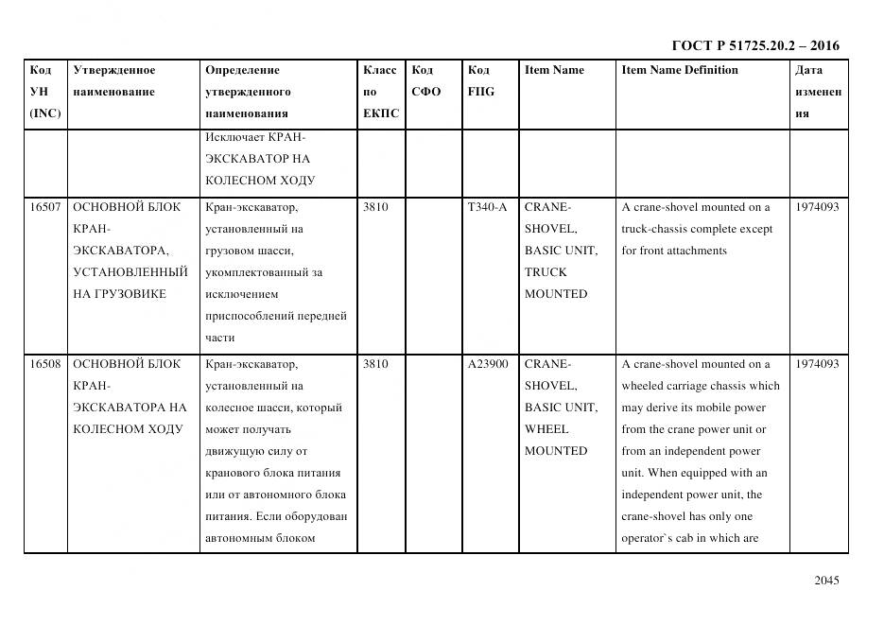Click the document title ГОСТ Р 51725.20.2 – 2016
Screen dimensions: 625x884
click(754, 45)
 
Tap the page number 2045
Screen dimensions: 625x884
click(826, 581)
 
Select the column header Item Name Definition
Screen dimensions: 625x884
click(679, 70)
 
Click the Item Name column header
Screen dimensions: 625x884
click(554, 70)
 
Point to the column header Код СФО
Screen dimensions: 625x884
click(425, 81)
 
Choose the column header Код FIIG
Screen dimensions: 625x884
click(480, 81)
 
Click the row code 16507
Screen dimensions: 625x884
click(45, 207)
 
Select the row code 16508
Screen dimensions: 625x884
click(45, 364)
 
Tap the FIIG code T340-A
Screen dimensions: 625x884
click(487, 207)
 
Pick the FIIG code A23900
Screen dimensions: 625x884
click(487, 364)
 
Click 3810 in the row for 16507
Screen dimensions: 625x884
click(375, 207)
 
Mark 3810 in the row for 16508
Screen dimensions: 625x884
click(375, 364)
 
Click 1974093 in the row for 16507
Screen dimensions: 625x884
click(817, 207)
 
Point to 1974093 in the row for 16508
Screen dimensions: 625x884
click(817, 364)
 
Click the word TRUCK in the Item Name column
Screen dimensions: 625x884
click(546, 272)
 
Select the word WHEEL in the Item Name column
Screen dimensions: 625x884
click(546, 429)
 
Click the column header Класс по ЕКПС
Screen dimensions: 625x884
click(380, 92)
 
